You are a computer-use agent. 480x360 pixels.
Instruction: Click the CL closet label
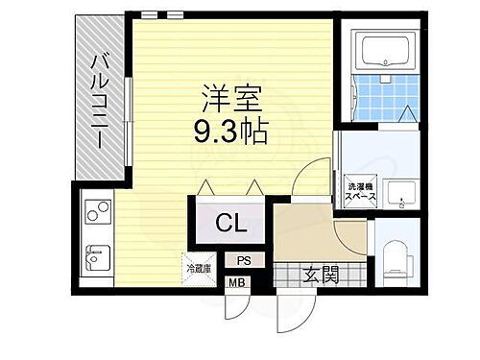click(229, 224)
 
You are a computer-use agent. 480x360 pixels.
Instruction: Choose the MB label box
click(235, 282)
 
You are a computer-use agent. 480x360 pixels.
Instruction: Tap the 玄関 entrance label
click(323, 276)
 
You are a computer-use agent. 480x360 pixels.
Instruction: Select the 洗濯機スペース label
click(363, 189)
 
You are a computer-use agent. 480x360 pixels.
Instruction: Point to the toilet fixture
click(396, 260)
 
